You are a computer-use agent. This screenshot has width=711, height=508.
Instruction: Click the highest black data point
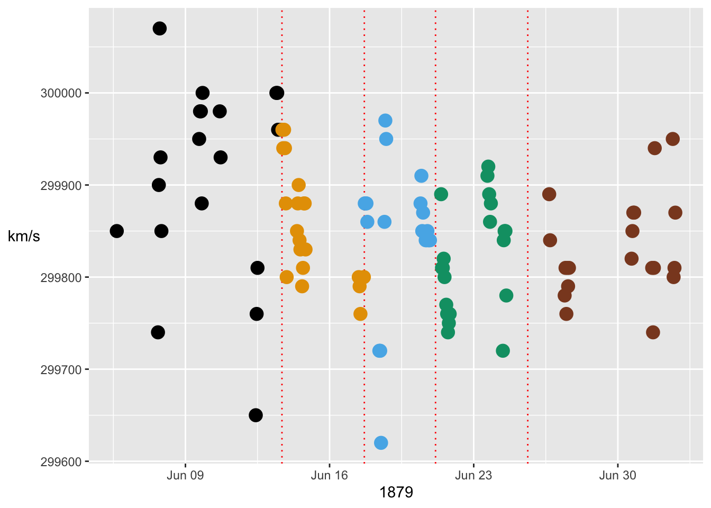pos(160,29)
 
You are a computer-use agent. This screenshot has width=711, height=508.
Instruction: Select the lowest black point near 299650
pos(256,415)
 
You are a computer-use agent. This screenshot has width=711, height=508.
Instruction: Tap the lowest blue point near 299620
pos(381,442)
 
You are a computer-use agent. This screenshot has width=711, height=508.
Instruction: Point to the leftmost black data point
pos(117,231)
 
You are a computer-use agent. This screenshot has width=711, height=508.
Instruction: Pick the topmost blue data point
pos(385,121)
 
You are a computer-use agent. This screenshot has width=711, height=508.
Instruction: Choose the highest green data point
pos(488,167)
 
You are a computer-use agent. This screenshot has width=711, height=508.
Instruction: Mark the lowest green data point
pos(503,350)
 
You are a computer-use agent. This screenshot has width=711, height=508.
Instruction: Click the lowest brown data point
pos(653,332)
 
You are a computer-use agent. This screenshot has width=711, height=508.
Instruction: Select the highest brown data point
pos(672,139)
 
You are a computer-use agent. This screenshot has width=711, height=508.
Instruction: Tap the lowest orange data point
pos(360,314)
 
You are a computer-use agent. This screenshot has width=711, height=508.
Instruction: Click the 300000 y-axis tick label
pos(61,93)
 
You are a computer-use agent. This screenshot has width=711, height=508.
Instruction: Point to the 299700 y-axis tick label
pos(61,369)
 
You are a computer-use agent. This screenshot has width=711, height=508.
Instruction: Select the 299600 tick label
pos(61,461)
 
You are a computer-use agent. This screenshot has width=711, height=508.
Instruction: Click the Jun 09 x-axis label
pos(185,475)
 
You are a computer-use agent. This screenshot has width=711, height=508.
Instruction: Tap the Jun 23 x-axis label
pos(473,475)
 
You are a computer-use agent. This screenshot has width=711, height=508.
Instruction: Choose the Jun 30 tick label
pos(617,475)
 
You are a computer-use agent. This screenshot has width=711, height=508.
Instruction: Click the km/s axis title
pos(24,237)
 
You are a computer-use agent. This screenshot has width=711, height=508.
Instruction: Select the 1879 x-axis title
pos(396,493)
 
